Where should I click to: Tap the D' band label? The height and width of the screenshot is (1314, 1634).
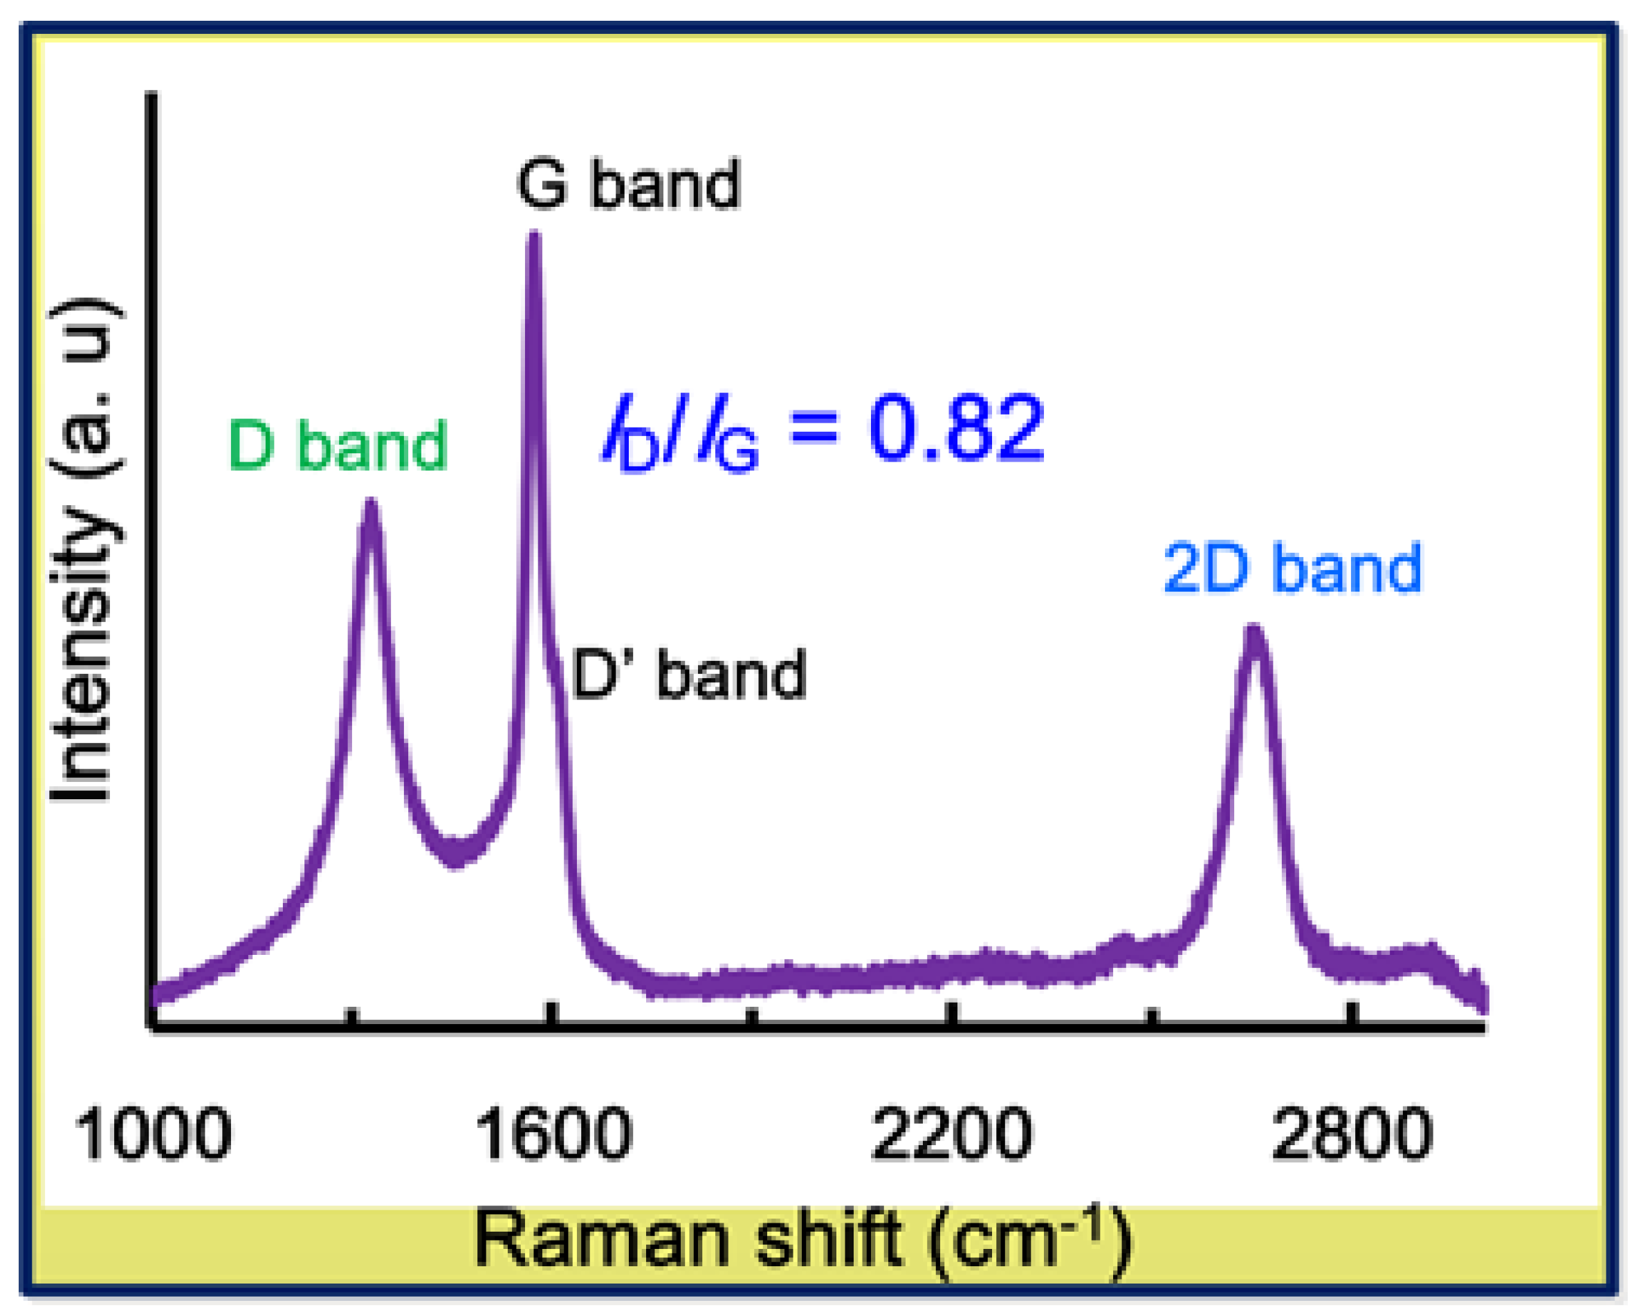(x=688, y=674)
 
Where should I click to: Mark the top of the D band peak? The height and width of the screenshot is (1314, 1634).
(x=370, y=504)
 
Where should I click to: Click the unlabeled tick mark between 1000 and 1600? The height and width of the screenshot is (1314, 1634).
(x=351, y=1016)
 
